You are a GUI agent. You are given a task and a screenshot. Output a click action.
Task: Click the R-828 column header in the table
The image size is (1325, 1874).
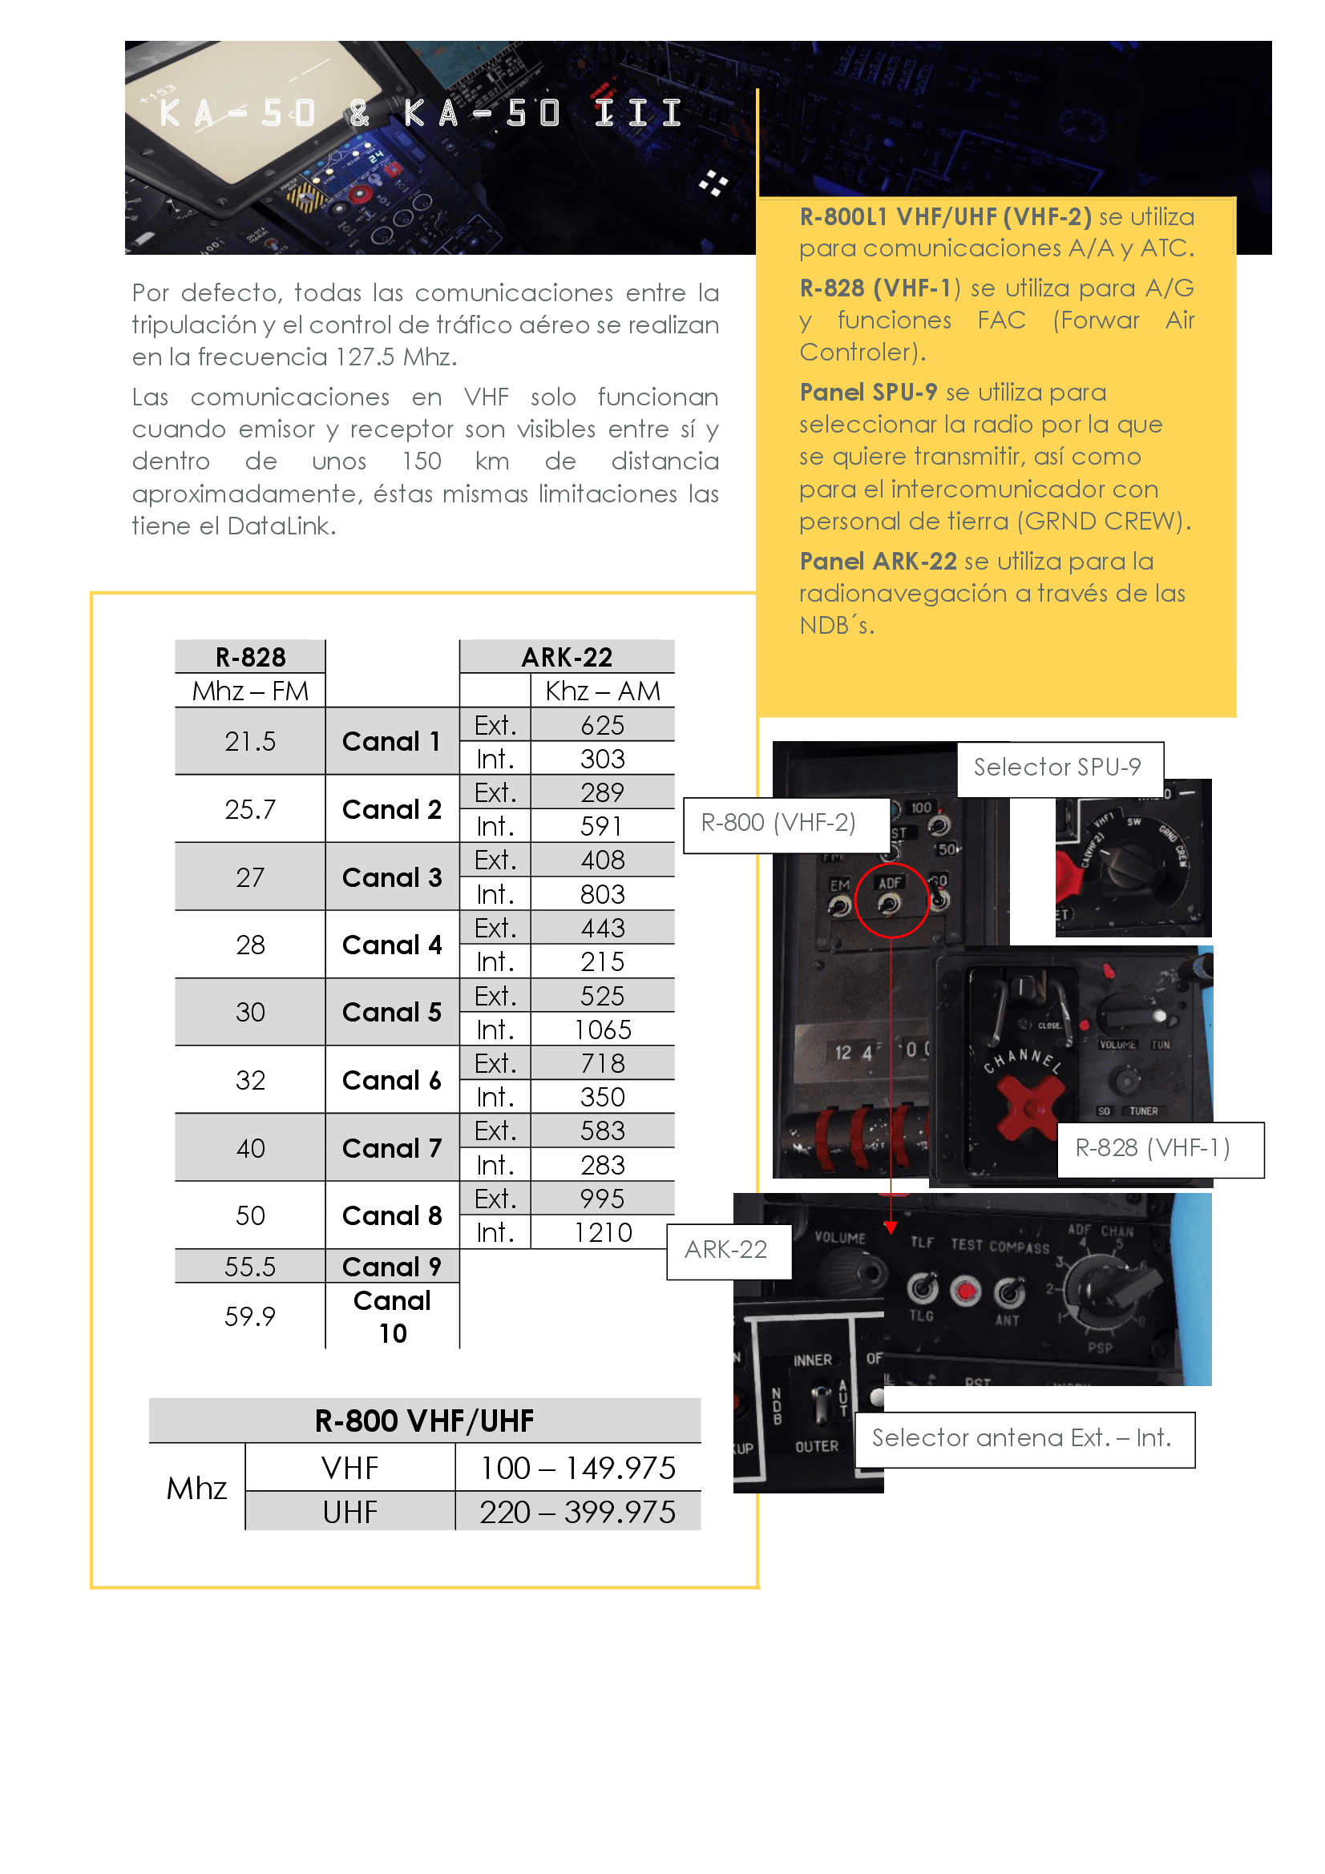250,657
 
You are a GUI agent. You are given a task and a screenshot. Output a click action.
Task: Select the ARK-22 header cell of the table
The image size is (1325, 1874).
567,657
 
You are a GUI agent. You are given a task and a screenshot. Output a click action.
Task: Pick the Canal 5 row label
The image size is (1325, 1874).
392,1012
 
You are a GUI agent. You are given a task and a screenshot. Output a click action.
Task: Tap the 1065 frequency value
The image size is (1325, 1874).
603,1030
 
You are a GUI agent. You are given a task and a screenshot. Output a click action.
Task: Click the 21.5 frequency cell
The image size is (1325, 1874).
250,741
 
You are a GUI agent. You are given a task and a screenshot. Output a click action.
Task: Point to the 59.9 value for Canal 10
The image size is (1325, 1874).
250,1316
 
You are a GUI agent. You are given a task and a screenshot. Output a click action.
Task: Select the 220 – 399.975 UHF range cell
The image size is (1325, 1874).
577,1513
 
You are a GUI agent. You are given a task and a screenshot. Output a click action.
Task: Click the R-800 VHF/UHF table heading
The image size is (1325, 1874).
425,1421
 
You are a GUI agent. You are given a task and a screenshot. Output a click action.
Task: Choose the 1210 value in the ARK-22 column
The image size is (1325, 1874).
603,1232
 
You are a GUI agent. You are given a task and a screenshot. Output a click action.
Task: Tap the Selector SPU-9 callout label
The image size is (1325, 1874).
1059,768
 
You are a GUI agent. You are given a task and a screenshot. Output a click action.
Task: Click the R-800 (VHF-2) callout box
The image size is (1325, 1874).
779,824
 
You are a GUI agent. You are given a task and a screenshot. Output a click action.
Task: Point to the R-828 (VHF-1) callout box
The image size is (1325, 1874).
1152,1148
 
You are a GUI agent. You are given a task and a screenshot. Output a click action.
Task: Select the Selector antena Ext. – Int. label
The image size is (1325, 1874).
1022,1438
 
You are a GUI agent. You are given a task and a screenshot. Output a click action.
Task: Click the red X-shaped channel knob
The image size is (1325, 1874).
1029,1106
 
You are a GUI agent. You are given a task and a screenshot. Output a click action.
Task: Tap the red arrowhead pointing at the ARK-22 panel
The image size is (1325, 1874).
891,1227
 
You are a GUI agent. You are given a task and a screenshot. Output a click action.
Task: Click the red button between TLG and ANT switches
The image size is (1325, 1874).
967,1291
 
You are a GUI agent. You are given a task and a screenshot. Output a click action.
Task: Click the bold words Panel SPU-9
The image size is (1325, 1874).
868,393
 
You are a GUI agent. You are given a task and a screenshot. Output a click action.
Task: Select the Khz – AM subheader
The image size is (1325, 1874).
603,691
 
